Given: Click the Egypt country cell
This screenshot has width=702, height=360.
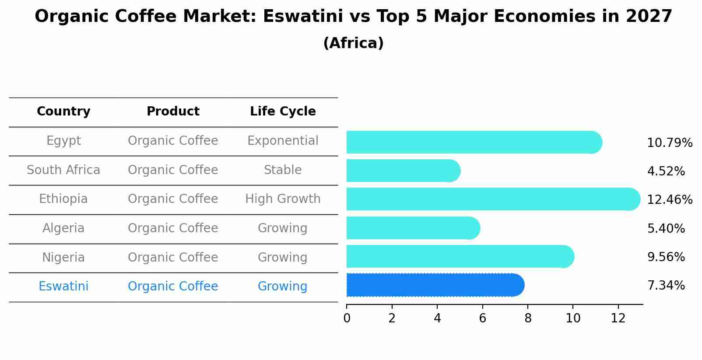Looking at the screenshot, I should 63,141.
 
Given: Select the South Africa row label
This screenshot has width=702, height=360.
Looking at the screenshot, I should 63,170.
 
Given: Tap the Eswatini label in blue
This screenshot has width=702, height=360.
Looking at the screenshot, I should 63,287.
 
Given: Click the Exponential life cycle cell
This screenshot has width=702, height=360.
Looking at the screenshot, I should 283,141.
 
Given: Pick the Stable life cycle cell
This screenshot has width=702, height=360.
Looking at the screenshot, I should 283,170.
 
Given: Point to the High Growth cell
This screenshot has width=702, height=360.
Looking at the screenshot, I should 283,199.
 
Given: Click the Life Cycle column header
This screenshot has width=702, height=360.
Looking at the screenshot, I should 283,112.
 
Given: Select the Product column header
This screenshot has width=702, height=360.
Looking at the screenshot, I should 173,112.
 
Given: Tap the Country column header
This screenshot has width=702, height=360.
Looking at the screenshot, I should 63,112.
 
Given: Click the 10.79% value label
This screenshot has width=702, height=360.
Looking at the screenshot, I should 669,143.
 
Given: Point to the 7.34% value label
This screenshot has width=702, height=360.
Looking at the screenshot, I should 666,286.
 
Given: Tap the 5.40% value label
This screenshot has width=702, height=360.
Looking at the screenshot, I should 666,228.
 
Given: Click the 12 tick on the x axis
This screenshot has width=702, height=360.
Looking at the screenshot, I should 618,318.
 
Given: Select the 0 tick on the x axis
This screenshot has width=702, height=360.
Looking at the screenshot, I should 347,318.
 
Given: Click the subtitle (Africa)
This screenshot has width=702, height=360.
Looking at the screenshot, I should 353,43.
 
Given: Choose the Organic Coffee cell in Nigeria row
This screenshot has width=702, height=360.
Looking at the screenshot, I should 173,258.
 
